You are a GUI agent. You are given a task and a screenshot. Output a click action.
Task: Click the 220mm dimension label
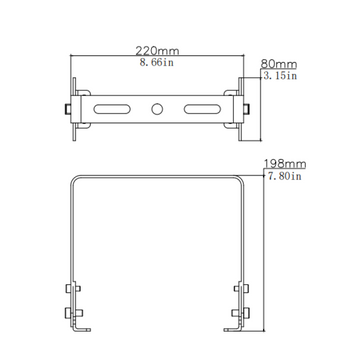click(x=159, y=50)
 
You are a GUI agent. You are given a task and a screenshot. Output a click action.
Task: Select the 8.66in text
click(x=159, y=63)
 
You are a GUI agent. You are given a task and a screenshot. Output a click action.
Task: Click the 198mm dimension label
click(x=284, y=163)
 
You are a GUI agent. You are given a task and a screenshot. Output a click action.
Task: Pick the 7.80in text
click(x=284, y=177)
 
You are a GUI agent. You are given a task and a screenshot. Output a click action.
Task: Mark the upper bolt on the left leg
click(x=70, y=291)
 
